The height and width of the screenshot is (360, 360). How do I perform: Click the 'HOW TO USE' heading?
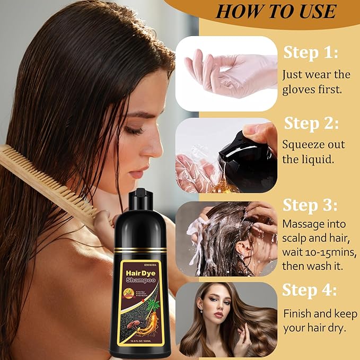tap(276, 11)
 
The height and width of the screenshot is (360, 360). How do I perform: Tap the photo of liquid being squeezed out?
tap(226, 155)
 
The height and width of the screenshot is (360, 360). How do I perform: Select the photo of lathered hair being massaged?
tap(226, 238)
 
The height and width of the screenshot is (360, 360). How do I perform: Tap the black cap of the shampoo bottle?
tap(139, 198)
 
